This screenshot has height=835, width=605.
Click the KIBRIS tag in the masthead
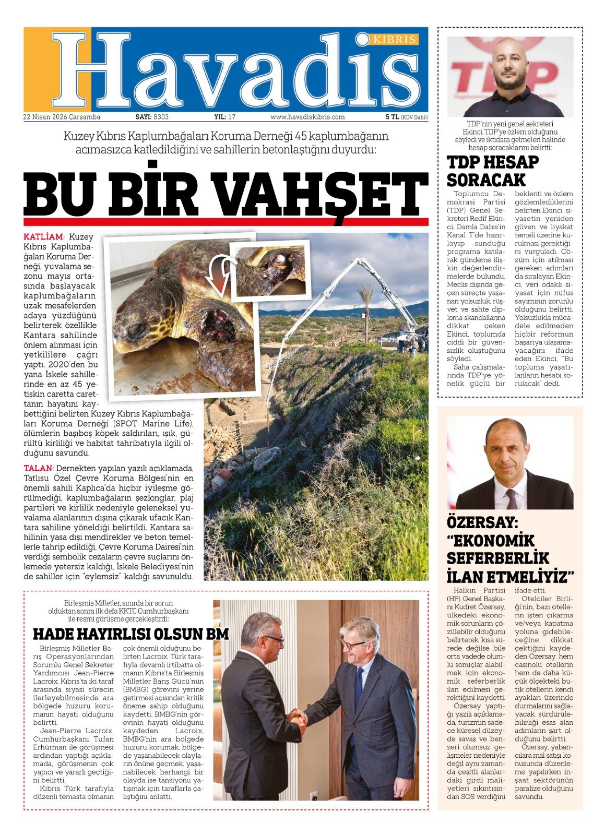(x=395, y=40)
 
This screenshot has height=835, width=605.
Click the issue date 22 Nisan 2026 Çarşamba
(x=62, y=117)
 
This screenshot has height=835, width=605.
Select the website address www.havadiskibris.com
(x=307, y=117)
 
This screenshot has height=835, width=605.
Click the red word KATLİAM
(x=43, y=237)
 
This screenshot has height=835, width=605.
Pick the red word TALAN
(x=38, y=468)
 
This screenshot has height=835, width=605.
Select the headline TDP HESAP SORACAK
(x=486, y=171)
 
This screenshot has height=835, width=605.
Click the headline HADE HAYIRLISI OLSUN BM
(x=131, y=634)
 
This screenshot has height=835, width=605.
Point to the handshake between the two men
(x=297, y=720)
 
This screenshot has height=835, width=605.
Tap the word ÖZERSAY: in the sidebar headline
(x=481, y=523)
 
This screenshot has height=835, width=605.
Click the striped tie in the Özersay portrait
(x=512, y=498)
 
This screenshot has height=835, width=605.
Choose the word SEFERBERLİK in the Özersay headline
(x=497, y=558)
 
